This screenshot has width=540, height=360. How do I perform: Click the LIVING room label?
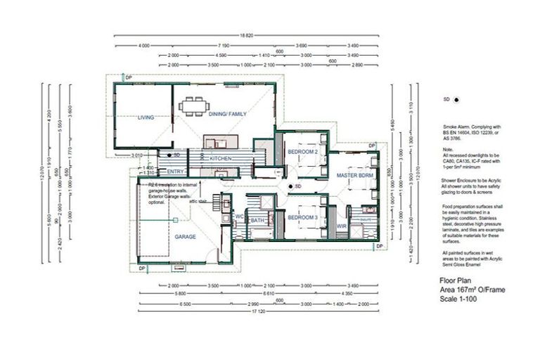pyautogui.click(x=146, y=117)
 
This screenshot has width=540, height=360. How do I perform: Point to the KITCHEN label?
pyautogui.click(x=220, y=160)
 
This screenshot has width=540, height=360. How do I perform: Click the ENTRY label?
pyautogui.click(x=176, y=171)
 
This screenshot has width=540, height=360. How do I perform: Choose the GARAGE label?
pyautogui.click(x=186, y=237)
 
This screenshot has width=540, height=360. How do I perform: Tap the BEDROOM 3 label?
pyautogui.click(x=303, y=217)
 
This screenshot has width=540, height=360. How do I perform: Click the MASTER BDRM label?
pyautogui.click(x=354, y=174)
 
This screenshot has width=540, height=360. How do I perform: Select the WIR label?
pyautogui.click(x=342, y=226)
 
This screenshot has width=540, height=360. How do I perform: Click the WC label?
pyautogui.click(x=238, y=217)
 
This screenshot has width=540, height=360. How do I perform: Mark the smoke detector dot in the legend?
pyautogui.click(x=456, y=100)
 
